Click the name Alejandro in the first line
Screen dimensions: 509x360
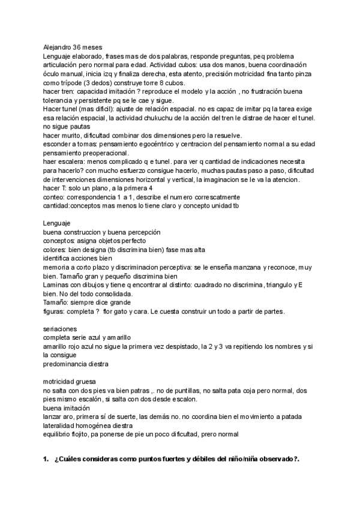click(x=58, y=46)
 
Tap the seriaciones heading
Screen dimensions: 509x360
click(x=60, y=330)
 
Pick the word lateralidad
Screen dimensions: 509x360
click(x=61, y=425)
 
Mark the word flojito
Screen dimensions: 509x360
click(x=85, y=434)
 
